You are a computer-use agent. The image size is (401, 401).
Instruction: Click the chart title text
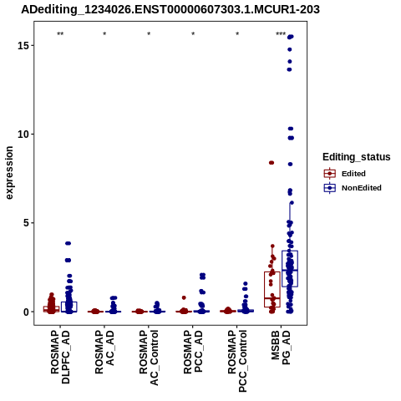click(170, 9)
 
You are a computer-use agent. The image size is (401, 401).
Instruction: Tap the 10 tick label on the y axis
click(23, 135)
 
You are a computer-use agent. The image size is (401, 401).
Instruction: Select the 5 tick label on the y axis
click(27, 223)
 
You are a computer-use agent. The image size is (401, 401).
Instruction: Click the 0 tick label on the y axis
click(27, 312)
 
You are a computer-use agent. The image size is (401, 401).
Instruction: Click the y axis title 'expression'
click(9, 173)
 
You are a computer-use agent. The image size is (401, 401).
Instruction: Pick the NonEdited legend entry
click(353, 188)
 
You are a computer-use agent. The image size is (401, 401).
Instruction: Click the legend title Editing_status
click(357, 157)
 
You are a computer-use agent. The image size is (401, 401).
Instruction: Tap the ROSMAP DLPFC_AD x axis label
click(60, 357)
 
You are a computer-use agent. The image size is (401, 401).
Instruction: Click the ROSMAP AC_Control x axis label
click(149, 358)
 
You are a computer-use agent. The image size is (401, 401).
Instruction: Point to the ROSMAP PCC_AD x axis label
click(193, 352)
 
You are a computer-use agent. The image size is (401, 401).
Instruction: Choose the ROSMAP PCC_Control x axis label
click(237, 361)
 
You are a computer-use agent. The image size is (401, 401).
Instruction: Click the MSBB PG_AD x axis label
click(281, 348)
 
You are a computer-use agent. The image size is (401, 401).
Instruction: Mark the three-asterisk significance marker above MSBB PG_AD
click(281, 34)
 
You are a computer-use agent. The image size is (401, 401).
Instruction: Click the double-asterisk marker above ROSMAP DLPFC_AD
click(60, 34)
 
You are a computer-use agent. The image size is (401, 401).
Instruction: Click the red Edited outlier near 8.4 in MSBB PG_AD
click(272, 163)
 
